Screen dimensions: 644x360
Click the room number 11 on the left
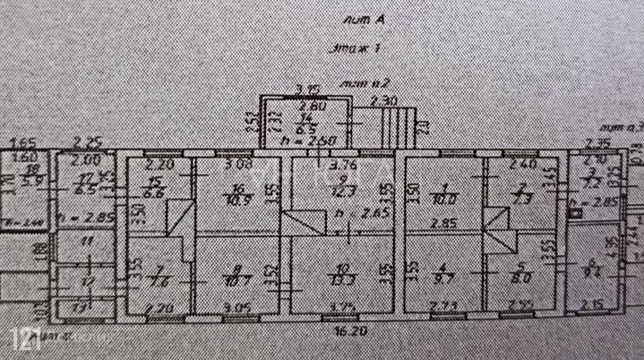pos(86,242)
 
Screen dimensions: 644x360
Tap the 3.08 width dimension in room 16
pos(237,164)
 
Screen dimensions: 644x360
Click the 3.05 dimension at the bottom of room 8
pos(238,307)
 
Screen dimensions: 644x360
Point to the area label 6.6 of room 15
pos(152,193)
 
